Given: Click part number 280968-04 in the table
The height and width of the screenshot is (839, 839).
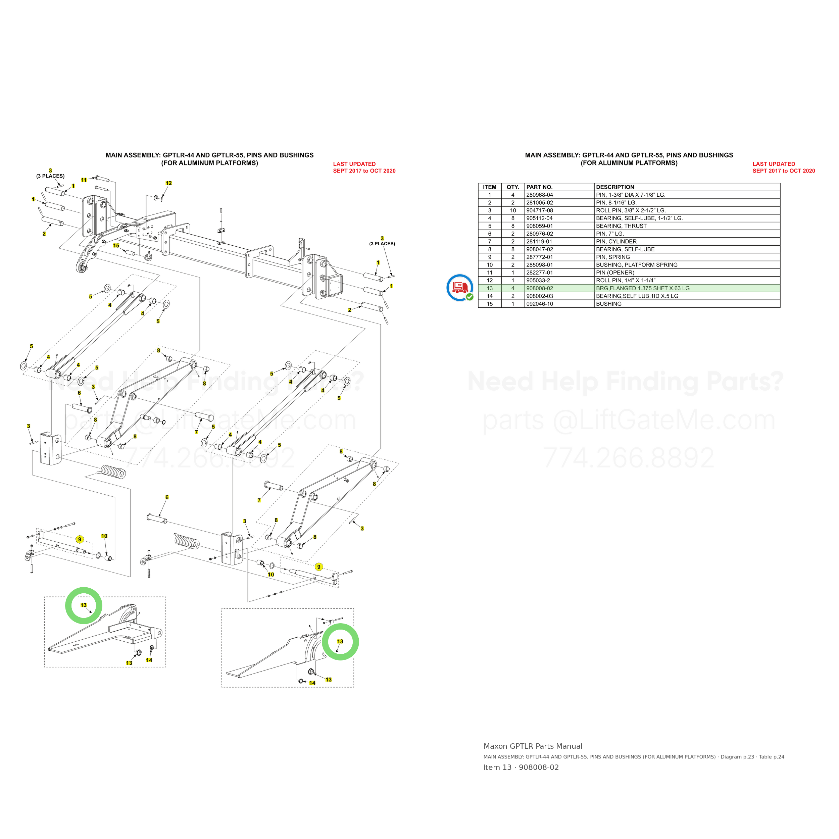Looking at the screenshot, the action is pos(539,195).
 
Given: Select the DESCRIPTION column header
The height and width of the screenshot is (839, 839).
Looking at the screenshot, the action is pos(615,187).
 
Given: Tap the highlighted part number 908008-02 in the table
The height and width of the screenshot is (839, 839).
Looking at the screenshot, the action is pos(539,288).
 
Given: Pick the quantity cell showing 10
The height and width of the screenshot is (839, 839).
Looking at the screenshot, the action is pos(513,211).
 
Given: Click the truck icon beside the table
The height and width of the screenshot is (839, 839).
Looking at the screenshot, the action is pos(460,288).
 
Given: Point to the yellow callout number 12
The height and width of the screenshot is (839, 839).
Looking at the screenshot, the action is pos(168,183).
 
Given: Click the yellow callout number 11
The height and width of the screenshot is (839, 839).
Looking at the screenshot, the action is pos(84,180).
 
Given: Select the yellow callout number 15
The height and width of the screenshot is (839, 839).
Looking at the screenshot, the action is pos(116,246).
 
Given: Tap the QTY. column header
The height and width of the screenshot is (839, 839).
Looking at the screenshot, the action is pos(513,187).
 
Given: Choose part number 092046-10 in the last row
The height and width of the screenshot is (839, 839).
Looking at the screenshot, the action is pos(539,304).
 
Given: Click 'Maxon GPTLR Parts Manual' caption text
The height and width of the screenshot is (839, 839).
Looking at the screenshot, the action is pos(533,746).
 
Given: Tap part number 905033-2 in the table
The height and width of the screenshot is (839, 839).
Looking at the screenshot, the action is pos(538,281).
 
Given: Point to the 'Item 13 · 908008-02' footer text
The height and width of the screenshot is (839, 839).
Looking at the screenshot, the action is pos(521,767).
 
